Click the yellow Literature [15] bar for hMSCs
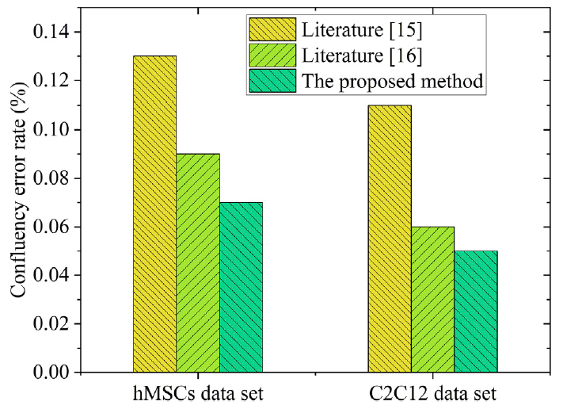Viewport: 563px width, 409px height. [155, 214]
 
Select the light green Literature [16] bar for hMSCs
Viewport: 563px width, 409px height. [198, 262]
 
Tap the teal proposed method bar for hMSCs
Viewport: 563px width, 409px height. [241, 287]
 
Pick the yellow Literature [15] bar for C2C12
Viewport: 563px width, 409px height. [390, 239]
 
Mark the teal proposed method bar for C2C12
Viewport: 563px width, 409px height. [475, 312]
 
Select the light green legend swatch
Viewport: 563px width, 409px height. [272, 55]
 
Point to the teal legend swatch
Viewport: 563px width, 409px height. [272, 80]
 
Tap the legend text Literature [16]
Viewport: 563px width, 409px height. [359, 55]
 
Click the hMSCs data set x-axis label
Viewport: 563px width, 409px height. [197, 393]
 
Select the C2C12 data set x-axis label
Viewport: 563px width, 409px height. [432, 393]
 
